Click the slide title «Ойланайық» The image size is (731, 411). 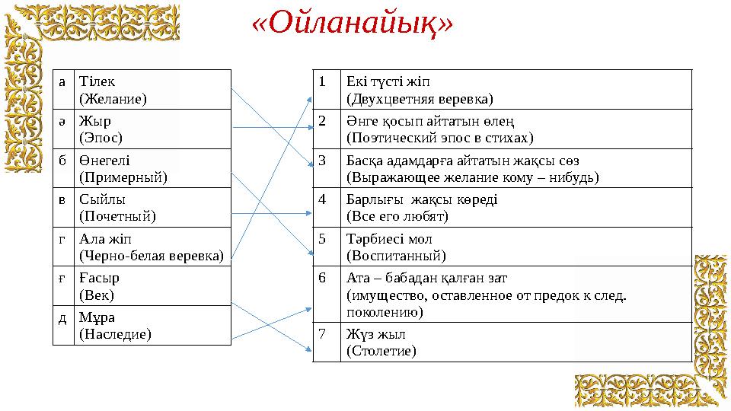pyautogui.click(x=352, y=24)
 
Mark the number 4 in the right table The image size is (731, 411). pyautogui.click(x=323, y=199)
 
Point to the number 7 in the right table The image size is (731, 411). pyautogui.click(x=323, y=333)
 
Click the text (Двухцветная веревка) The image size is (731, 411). pyautogui.click(x=420, y=98)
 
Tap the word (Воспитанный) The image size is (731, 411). pyautogui.click(x=396, y=255)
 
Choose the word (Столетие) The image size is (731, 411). pyautogui.click(x=381, y=350)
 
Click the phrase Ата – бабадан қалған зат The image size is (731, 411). pyautogui.click(x=426, y=278)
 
